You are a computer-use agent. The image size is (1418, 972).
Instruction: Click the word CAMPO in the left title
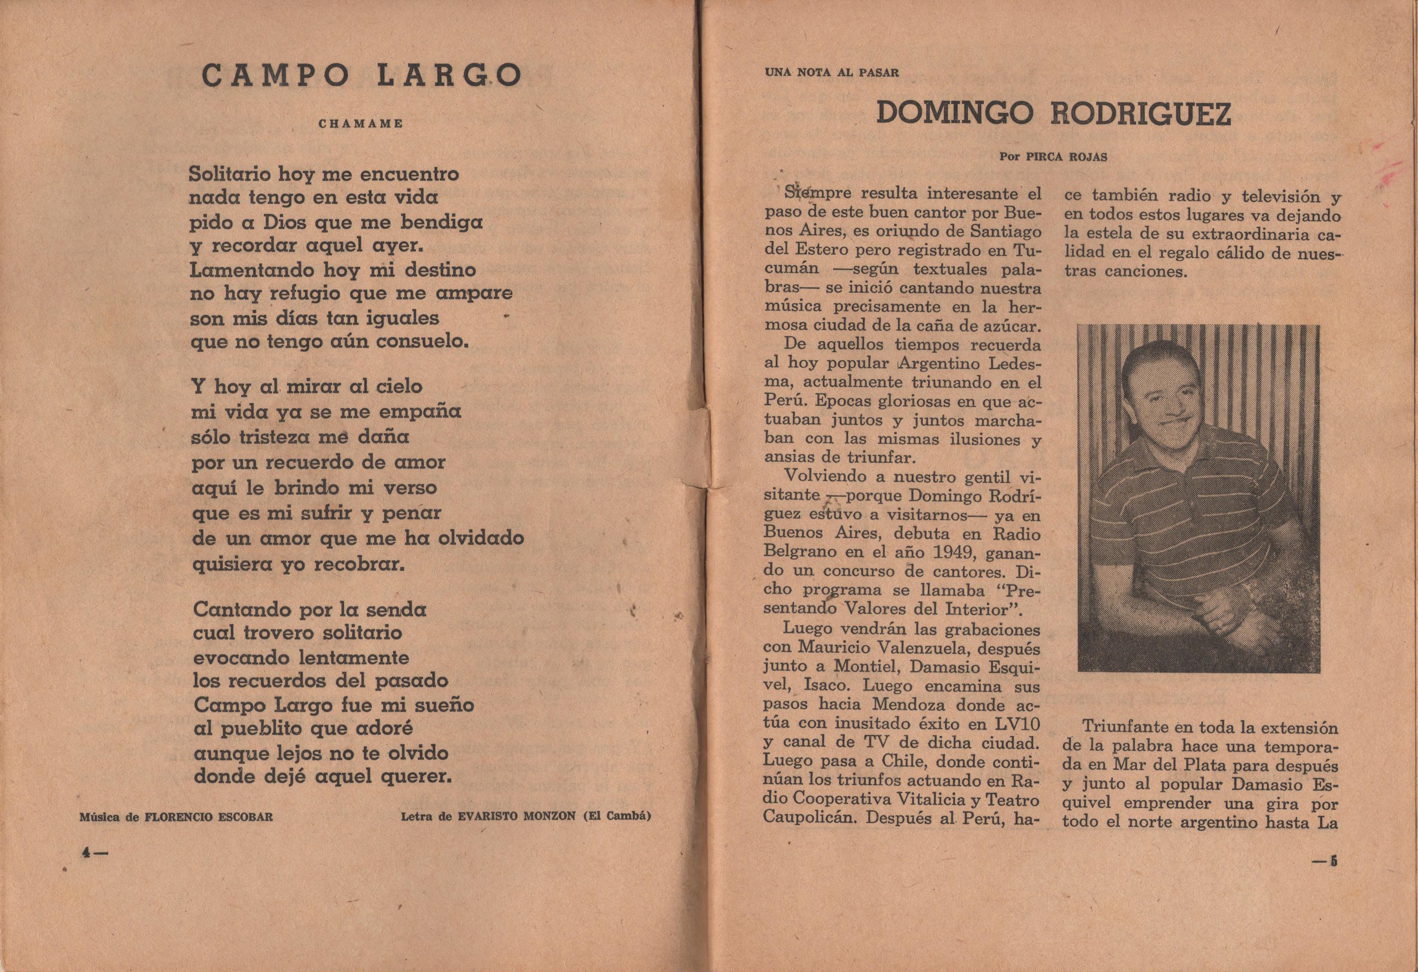click(x=275, y=75)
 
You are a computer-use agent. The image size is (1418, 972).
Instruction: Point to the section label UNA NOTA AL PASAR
click(x=831, y=72)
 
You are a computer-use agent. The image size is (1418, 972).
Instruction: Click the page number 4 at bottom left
click(x=87, y=854)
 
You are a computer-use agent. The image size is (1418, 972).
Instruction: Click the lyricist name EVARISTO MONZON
click(x=516, y=816)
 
